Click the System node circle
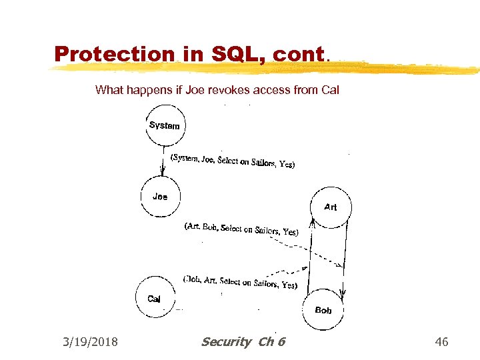(x=165, y=125)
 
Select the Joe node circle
(x=161, y=197)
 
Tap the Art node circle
(x=331, y=207)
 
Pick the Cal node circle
(x=154, y=299)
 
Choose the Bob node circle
(x=323, y=310)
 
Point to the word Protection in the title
(x=114, y=54)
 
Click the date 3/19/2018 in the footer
(x=90, y=342)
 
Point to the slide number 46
(x=441, y=342)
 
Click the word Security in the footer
(x=227, y=342)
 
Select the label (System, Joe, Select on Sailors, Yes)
(x=233, y=161)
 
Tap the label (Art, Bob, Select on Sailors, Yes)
(x=241, y=229)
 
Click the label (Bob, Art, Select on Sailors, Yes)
(x=240, y=282)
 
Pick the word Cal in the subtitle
(x=330, y=89)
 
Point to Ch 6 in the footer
(x=271, y=342)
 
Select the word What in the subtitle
(x=109, y=89)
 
